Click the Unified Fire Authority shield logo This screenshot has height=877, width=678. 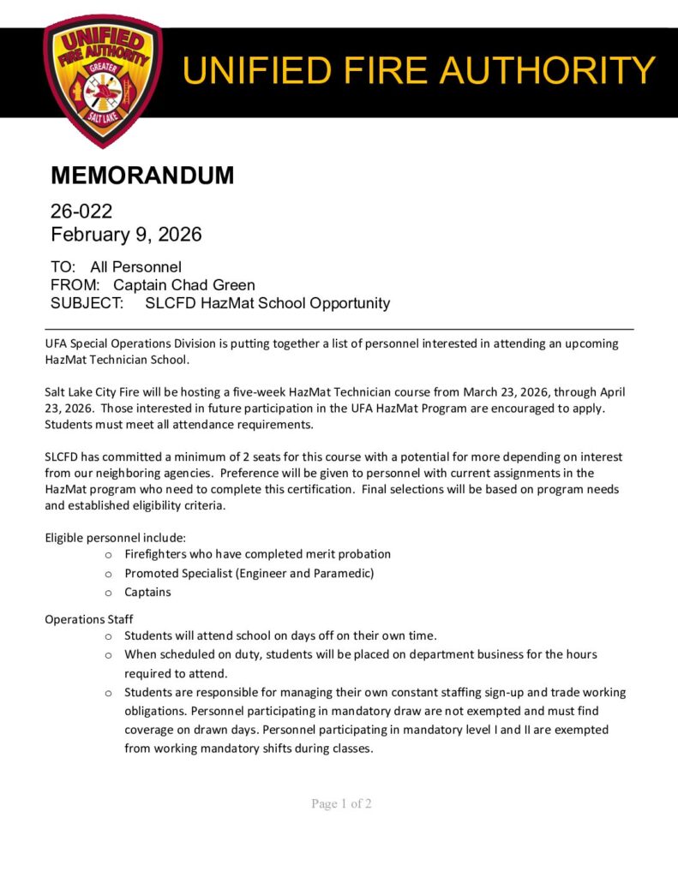(102, 79)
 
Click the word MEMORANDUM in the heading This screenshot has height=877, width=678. (142, 176)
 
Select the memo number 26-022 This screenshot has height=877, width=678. (81, 211)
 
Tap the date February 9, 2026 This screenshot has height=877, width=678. (126, 234)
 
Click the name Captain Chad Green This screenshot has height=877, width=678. (184, 284)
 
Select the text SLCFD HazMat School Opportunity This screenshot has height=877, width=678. (267, 303)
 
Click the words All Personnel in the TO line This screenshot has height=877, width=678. (135, 266)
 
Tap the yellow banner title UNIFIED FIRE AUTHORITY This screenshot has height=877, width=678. (419, 69)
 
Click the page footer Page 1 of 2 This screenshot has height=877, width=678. (341, 803)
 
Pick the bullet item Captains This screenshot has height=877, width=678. (147, 592)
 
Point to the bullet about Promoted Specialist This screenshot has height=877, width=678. (249, 573)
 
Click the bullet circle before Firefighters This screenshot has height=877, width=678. (108, 555)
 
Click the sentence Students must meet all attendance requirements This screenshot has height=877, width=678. (179, 425)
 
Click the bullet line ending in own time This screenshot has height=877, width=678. (280, 635)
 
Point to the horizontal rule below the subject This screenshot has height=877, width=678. (339, 329)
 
